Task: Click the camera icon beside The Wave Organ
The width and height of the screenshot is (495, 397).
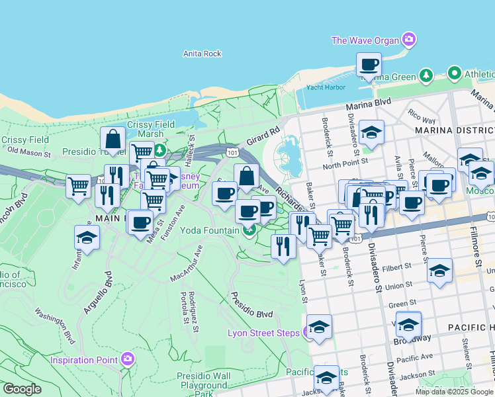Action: pos(410,40)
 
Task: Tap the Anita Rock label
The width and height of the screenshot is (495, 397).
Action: pos(202,54)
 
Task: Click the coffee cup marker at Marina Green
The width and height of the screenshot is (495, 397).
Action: pos(369,65)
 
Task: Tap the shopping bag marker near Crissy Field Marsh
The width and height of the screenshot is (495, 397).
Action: pos(113,140)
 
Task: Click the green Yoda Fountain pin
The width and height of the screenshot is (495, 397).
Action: pos(249,230)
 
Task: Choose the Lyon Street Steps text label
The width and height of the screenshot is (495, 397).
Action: pos(263,333)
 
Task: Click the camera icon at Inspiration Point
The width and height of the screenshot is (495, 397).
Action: pos(128,360)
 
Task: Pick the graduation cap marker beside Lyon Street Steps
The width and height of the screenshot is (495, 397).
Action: pos(319,328)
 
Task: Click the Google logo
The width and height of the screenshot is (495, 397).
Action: pos(21,389)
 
